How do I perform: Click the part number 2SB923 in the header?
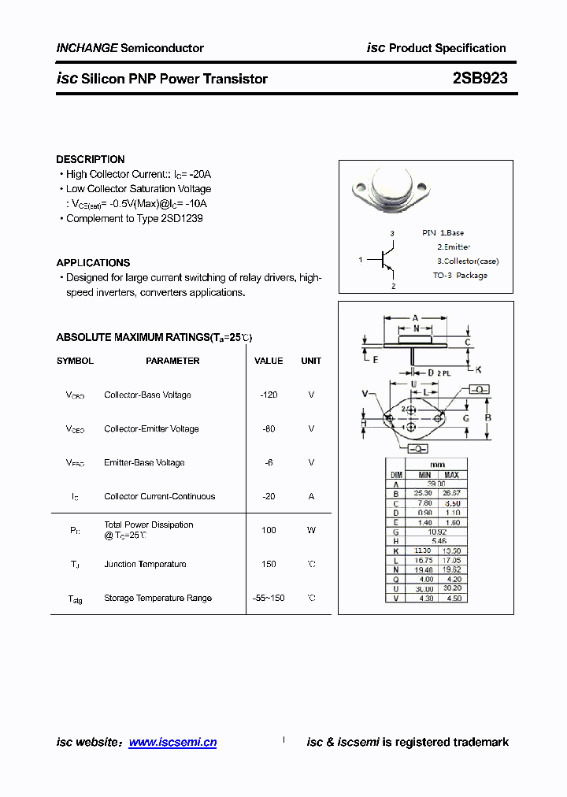tap(480, 79)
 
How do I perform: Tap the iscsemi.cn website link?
tap(172, 742)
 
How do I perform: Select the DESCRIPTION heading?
tap(91, 159)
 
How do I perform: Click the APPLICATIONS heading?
tap(93, 262)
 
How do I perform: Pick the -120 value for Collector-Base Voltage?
tap(269, 395)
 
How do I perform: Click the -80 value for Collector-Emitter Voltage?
tap(269, 428)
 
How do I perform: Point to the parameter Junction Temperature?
tap(145, 564)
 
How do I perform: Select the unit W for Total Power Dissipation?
tap(311, 530)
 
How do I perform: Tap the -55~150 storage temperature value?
tap(269, 598)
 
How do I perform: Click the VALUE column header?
tap(269, 361)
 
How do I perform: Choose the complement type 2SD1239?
tap(181, 218)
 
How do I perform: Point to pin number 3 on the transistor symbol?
tap(391, 234)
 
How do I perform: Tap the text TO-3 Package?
tap(460, 275)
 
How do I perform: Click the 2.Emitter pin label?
tap(454, 247)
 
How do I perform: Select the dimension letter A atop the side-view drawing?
tap(416, 318)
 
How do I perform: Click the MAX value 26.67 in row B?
tap(452, 493)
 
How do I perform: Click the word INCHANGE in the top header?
tap(87, 48)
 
